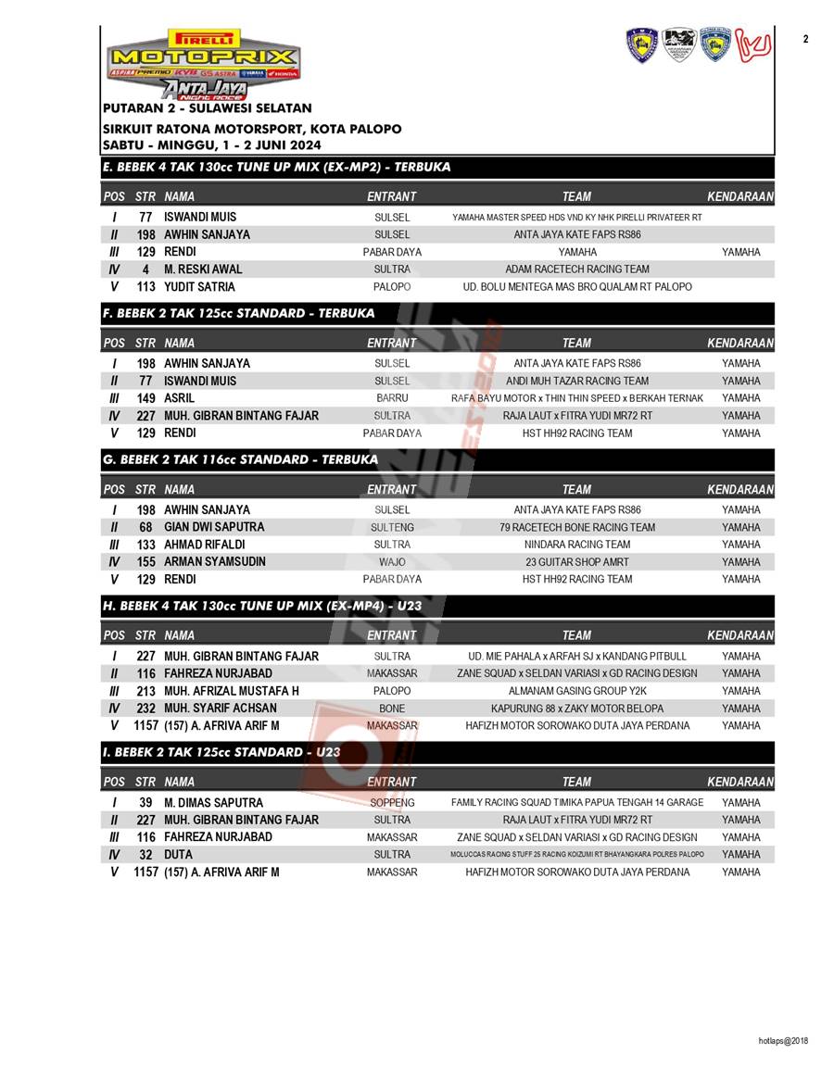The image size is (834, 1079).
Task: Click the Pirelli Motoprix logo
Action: pyautogui.click(x=203, y=63)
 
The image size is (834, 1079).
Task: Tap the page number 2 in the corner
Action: pyautogui.click(x=805, y=39)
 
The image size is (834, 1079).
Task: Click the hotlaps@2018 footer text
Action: pyautogui.click(x=783, y=1041)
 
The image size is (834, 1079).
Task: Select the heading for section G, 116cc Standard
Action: pyautogui.click(x=240, y=459)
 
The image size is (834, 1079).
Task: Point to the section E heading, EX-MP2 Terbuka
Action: pyautogui.click(x=277, y=167)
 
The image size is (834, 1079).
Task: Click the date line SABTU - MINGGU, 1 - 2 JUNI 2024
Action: pyautogui.click(x=212, y=145)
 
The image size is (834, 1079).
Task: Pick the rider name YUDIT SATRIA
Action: pyautogui.click(x=199, y=287)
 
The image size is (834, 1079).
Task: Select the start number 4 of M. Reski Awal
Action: pyautogui.click(x=145, y=270)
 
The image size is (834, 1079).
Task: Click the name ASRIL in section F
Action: pyautogui.click(x=179, y=398)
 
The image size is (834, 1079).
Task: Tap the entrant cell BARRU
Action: pyautogui.click(x=392, y=398)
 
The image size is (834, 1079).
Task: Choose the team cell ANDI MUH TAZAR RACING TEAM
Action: pyautogui.click(x=576, y=381)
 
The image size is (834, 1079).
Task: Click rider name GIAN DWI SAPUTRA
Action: pyautogui.click(x=214, y=527)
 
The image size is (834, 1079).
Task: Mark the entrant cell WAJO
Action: pyautogui.click(x=392, y=562)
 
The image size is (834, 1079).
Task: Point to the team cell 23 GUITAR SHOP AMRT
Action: pyautogui.click(x=576, y=562)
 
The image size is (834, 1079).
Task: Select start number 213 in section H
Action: pyautogui.click(x=145, y=691)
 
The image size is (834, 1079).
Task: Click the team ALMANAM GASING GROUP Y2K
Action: pyautogui.click(x=576, y=691)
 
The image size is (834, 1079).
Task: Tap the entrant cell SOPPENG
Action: pyautogui.click(x=392, y=803)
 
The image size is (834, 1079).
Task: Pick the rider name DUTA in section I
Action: pyautogui.click(x=179, y=855)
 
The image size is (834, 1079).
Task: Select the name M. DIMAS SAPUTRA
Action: pyautogui.click(x=213, y=803)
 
